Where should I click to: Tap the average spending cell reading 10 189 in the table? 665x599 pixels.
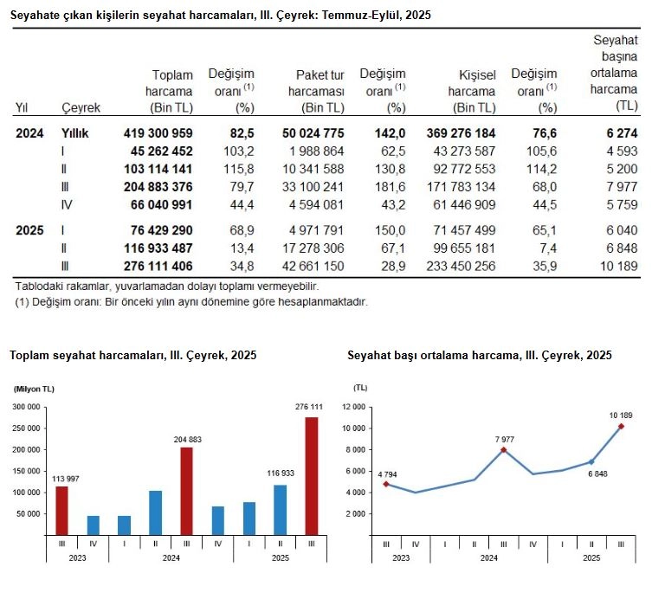pos(618,266)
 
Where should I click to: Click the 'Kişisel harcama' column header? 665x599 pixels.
pos(472,92)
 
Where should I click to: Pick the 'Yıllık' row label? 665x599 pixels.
pos(75,133)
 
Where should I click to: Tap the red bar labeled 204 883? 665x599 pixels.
pos(186,491)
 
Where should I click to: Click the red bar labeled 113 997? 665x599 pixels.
pos(61,511)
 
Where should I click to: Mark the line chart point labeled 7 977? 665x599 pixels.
pos(504,450)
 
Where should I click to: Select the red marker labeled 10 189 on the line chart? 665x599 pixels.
pos(622,426)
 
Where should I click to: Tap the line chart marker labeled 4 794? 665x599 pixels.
pos(386,484)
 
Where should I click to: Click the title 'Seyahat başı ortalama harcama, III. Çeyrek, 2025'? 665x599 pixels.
pos(479,356)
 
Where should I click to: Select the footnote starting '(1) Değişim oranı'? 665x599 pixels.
pos(191,302)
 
